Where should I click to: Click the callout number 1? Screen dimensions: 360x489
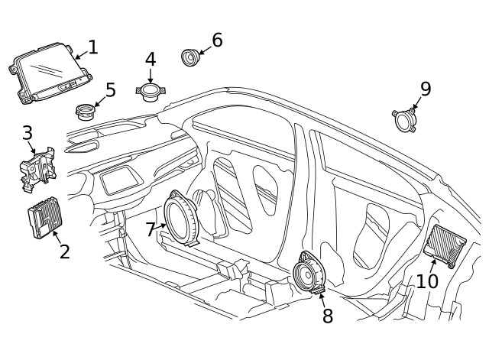tap(92, 47)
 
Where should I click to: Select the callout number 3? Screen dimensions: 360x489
tap(27, 133)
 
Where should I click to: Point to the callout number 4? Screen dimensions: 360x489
tap(151, 59)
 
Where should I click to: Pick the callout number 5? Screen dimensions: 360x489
tap(110, 89)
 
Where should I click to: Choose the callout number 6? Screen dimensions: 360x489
tap(217, 40)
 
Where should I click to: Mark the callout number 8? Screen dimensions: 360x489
tap(328, 315)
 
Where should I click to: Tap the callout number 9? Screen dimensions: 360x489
tap(426, 89)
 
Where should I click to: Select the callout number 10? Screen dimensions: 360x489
tap(427, 281)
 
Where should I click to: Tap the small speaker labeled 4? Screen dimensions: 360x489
tap(150, 91)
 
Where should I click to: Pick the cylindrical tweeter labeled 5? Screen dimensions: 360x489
tap(86, 112)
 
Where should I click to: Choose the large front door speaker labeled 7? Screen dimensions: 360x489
tap(183, 219)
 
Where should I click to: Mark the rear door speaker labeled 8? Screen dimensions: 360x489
tap(312, 272)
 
